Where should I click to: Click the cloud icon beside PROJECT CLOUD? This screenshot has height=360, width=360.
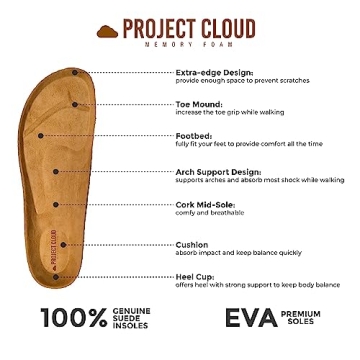(108, 31)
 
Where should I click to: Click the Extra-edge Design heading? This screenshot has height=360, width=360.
(213, 72)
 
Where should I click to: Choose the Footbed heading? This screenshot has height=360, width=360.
(193, 135)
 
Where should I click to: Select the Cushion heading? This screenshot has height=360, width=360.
(192, 244)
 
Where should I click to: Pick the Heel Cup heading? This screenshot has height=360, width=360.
(195, 275)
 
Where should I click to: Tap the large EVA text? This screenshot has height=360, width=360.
(249, 319)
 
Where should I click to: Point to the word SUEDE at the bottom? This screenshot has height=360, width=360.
(134, 318)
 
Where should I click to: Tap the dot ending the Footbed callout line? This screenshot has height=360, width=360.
(40, 134)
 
